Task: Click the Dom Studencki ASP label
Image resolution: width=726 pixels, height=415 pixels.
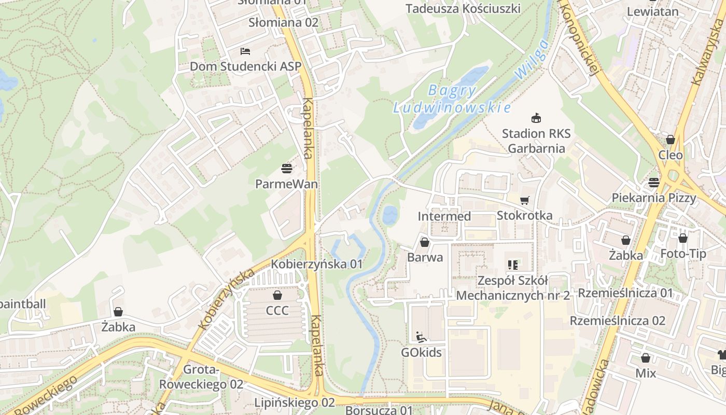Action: tap(245, 66)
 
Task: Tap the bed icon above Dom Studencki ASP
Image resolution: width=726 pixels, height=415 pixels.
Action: tap(245, 51)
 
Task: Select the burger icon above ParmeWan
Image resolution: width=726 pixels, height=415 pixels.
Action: tap(287, 168)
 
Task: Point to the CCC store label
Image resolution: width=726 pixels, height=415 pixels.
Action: tap(277, 311)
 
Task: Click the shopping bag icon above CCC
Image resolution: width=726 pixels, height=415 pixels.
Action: tap(277, 295)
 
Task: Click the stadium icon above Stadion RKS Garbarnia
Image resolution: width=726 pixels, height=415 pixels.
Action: tap(536, 118)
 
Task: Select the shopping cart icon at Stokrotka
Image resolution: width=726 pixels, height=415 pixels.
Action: tap(525, 200)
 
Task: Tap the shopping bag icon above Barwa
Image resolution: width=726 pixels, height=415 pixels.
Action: tap(425, 242)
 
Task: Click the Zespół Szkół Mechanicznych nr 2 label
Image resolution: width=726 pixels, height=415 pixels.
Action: tap(513, 288)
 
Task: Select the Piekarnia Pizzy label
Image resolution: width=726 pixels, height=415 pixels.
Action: tap(653, 198)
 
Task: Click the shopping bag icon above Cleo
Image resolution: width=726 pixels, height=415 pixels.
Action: tap(671, 140)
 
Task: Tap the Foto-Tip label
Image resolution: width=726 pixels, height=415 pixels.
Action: tap(683, 254)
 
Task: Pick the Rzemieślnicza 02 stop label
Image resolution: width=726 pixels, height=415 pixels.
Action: tap(617, 321)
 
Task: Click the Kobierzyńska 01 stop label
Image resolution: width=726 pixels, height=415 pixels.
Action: tap(317, 264)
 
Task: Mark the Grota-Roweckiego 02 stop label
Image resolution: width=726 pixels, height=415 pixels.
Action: tap(201, 377)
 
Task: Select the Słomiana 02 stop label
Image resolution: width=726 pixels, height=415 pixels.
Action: tap(283, 23)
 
